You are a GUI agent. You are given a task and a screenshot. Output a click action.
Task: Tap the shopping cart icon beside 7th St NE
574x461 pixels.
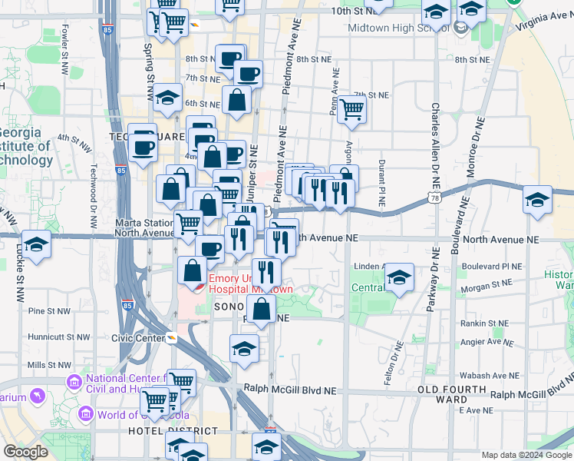pos(351,109)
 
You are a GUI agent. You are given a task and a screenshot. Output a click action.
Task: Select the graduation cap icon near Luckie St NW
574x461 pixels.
pos(35,244)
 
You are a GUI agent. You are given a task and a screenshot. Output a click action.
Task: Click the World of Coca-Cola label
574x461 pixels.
pos(132,416)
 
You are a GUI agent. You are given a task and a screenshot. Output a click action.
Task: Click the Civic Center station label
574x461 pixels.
pos(138,337)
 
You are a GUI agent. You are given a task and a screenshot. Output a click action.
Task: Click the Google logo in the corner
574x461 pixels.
pos(26,452)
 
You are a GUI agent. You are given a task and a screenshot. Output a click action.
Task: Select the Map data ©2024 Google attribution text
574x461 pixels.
pos(526,455)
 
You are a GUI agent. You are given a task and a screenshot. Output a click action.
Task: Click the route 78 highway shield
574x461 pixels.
pos(435,198)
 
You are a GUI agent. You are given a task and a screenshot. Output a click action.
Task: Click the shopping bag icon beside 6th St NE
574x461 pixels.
pos(237,100)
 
